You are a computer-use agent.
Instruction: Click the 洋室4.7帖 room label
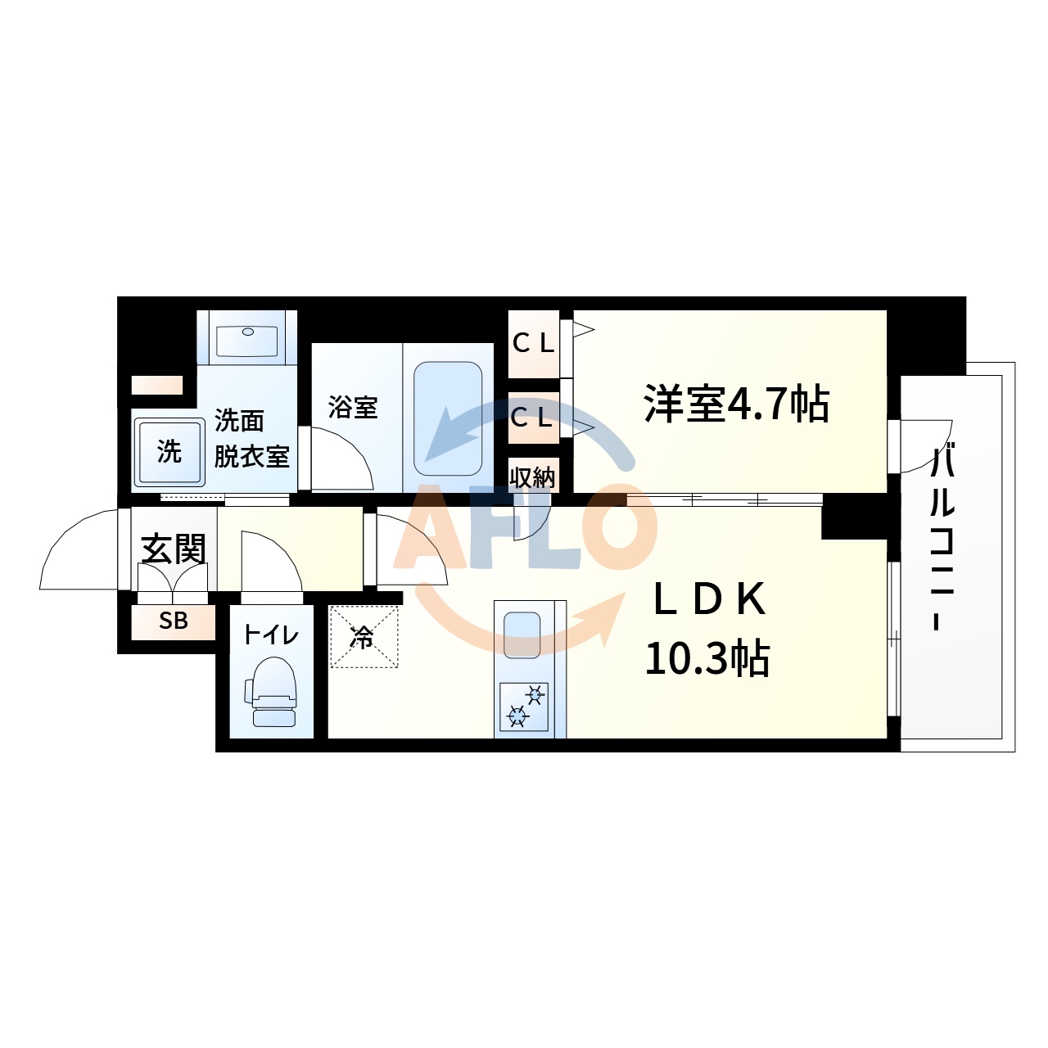click(x=737, y=404)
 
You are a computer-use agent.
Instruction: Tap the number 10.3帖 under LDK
click(x=707, y=658)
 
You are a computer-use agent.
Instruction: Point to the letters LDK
click(x=709, y=600)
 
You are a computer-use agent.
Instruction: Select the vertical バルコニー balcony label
click(x=942, y=537)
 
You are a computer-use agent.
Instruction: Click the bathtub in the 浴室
click(x=447, y=418)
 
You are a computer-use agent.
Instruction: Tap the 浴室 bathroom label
click(x=353, y=407)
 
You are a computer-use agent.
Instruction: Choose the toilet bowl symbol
click(x=273, y=693)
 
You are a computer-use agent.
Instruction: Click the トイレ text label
click(x=271, y=635)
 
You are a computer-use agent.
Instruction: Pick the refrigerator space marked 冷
click(x=364, y=637)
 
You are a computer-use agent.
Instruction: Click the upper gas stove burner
click(x=535, y=696)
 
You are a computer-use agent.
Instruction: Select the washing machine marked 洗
click(x=169, y=452)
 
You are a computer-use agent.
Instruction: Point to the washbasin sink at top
click(x=246, y=340)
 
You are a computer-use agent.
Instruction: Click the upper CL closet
click(x=533, y=344)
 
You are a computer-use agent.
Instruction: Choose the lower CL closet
click(x=532, y=418)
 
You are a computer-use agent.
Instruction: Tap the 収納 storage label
click(x=532, y=477)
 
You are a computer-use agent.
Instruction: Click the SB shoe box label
click(x=174, y=621)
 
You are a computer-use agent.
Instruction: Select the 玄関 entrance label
click(x=173, y=549)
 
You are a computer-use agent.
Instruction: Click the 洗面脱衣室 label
click(x=251, y=439)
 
